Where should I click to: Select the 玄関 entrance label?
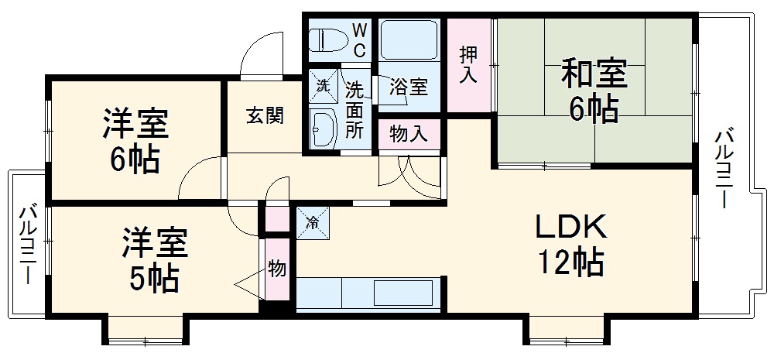click(265, 116)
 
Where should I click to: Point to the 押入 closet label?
click(469, 65)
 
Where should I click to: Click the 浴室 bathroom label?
click(408, 86)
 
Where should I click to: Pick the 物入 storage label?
click(408, 134)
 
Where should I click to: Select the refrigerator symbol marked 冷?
click(313, 222)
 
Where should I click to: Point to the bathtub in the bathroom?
click(410, 39)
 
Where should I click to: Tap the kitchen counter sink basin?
click(398, 293)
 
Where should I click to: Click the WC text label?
click(361, 38)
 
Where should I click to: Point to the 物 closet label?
click(277, 269)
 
